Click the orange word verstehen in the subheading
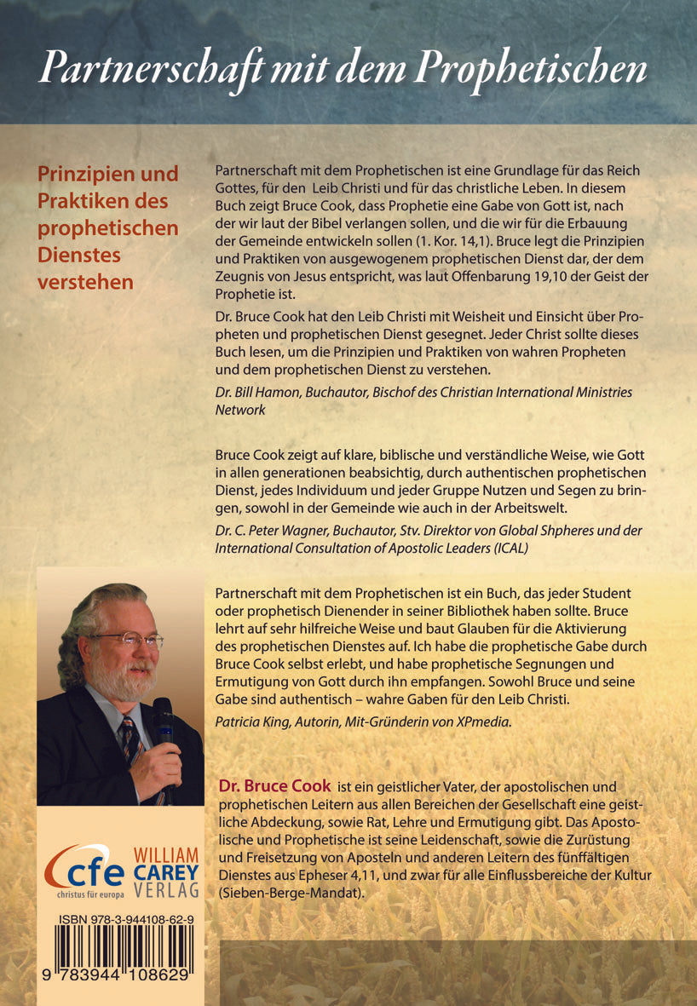85,282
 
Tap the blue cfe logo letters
84,868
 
